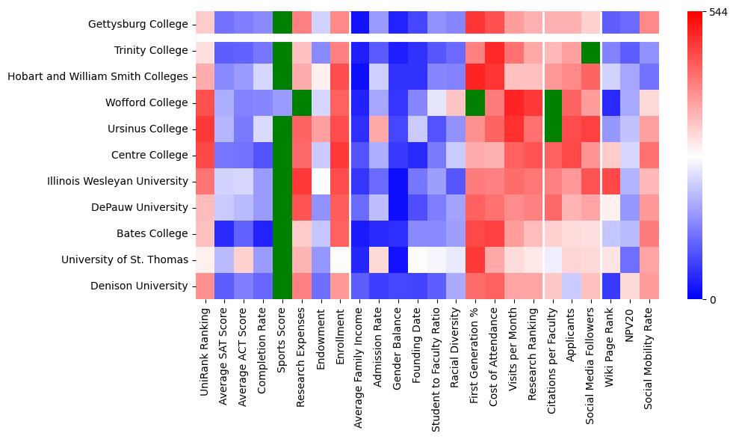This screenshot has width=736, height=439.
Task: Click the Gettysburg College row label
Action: pos(138,25)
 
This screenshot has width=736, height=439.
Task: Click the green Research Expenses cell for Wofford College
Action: pos(303,102)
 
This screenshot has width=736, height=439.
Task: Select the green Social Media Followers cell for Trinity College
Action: pos(591,50)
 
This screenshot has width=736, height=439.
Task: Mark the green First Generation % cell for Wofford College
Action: pos(476,102)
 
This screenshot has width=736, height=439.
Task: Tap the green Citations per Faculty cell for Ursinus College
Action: pos(553,129)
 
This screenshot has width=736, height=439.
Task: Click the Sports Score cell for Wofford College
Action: pos(283,102)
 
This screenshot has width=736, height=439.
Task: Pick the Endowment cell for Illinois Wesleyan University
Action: pos(321,181)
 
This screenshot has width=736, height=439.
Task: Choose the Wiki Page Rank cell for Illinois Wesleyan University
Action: pos(610,181)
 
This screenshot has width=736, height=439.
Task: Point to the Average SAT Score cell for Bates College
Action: pos(225,233)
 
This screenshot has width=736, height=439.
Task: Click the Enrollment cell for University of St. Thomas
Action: pos(341,260)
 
